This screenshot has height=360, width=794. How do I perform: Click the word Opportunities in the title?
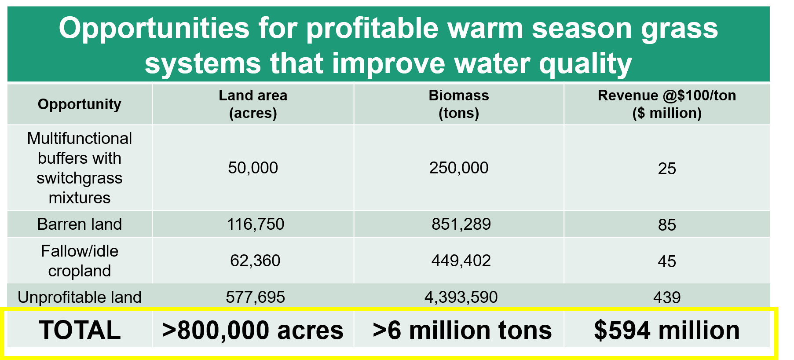(x=154, y=29)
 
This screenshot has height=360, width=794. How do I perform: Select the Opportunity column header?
(x=80, y=104)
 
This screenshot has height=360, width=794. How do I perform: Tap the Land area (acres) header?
(x=253, y=104)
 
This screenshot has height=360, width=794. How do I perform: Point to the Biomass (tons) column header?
(x=459, y=104)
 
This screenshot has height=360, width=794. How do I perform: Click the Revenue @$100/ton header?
(x=667, y=96)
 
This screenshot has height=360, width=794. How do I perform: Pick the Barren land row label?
(x=80, y=224)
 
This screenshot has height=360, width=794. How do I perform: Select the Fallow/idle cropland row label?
(x=80, y=261)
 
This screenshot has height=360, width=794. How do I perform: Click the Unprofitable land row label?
(x=80, y=297)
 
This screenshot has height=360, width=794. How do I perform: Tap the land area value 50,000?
(x=253, y=168)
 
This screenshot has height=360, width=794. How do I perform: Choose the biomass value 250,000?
(x=459, y=168)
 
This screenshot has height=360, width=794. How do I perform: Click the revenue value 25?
(x=667, y=169)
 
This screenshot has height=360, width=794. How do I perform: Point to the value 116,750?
(x=256, y=224)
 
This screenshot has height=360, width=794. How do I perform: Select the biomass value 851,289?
(x=461, y=224)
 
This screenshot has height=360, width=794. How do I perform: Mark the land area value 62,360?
(x=255, y=261)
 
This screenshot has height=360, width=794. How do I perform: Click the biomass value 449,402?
(x=461, y=261)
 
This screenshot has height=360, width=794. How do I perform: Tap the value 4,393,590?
(x=461, y=297)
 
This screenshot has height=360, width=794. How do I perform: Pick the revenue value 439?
(x=667, y=298)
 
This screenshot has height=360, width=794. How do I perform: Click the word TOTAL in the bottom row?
(x=80, y=330)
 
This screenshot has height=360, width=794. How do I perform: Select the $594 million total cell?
(x=667, y=330)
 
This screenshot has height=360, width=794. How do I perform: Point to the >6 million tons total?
(x=462, y=330)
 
